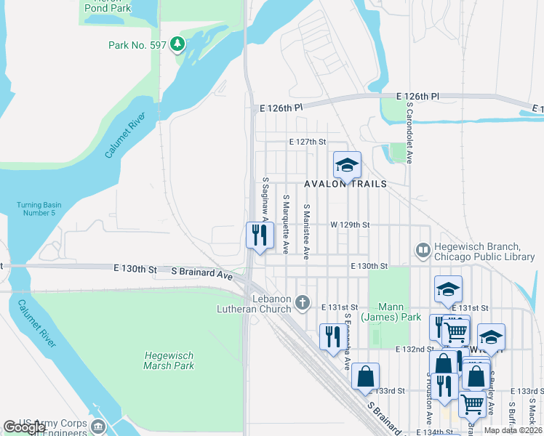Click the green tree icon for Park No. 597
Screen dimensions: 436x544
click(177, 45)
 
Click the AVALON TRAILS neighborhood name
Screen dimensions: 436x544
click(345, 184)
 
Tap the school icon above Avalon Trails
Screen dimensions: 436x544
click(347, 164)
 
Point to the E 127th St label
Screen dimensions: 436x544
click(307, 142)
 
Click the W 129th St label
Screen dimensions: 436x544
click(350, 225)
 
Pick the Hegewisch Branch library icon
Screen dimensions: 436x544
click(423, 251)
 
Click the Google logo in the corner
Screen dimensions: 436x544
click(24, 427)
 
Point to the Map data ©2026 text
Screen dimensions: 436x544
click(513, 430)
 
